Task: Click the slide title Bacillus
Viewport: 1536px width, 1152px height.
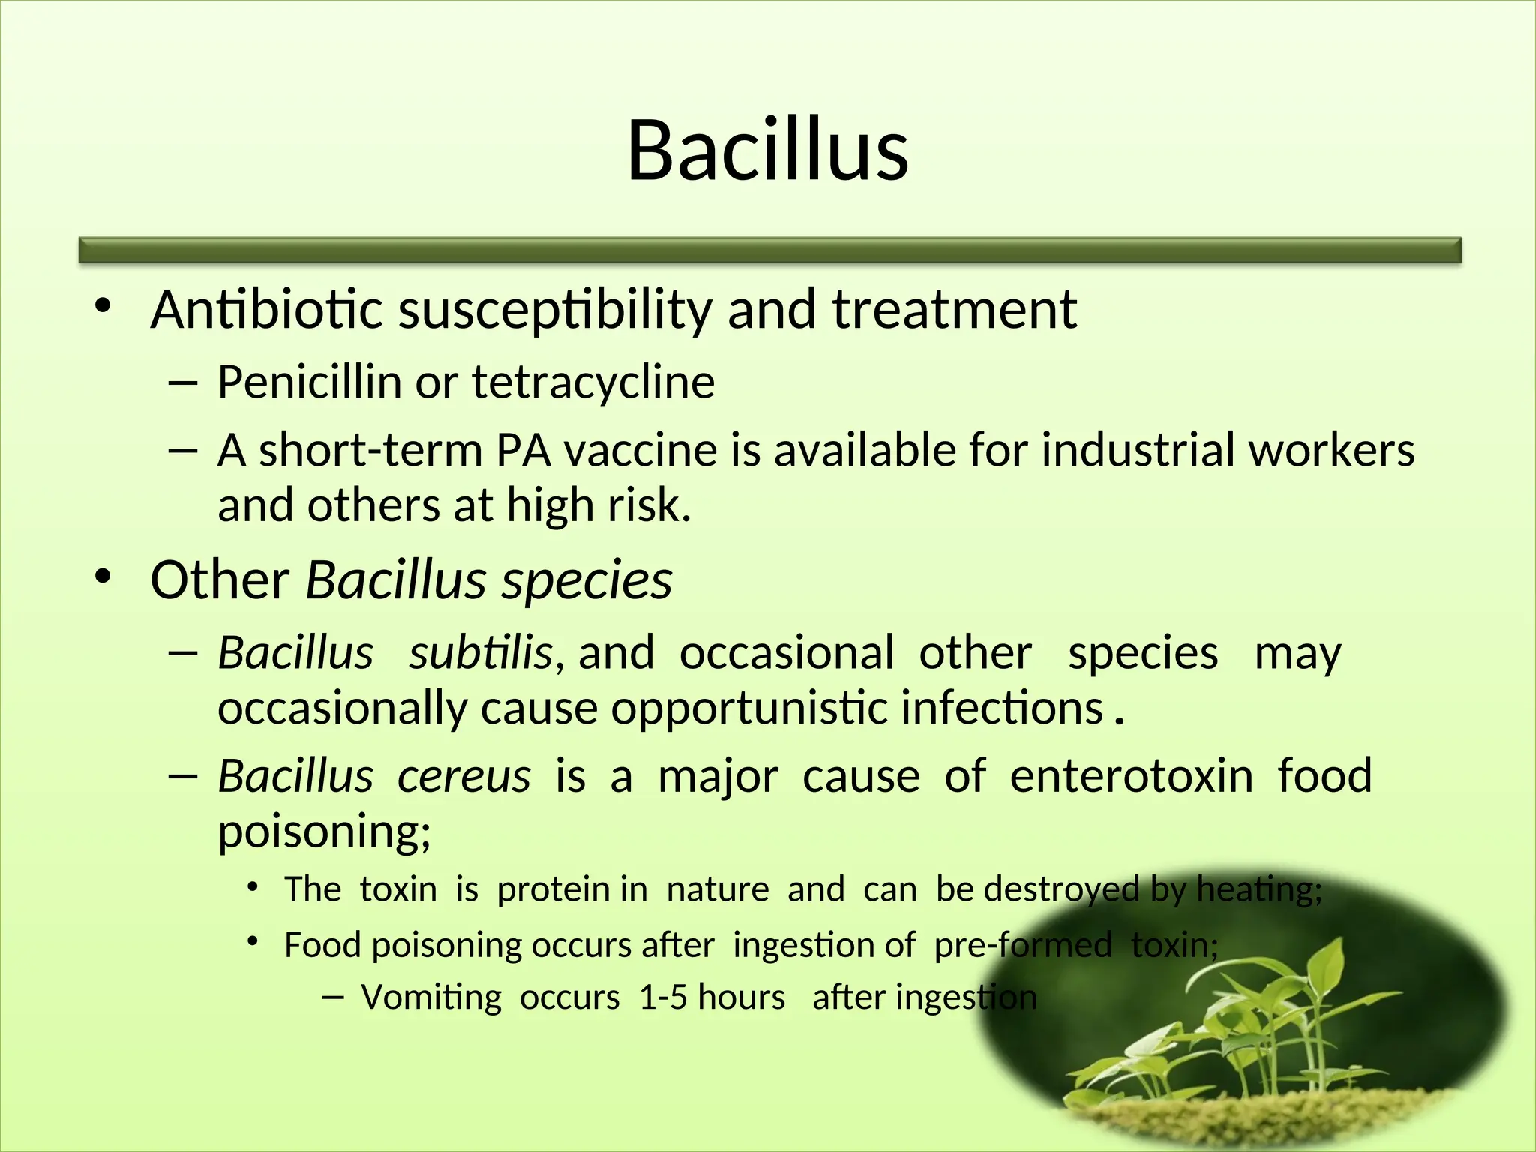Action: [767, 151]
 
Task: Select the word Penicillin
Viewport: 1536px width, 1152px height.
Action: [309, 382]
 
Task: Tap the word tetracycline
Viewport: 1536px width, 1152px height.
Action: [592, 382]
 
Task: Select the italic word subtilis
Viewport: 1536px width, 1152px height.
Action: [480, 652]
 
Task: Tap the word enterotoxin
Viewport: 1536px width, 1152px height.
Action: [1131, 775]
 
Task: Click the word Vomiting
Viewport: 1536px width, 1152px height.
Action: [431, 997]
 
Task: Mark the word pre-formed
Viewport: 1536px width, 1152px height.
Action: [1022, 944]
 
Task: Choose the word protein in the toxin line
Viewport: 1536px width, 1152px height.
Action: [553, 889]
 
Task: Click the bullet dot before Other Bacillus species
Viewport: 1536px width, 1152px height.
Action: [103, 576]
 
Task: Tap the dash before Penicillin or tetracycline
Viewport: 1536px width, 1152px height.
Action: [182, 383]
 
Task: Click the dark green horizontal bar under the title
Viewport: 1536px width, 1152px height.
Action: [769, 250]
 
